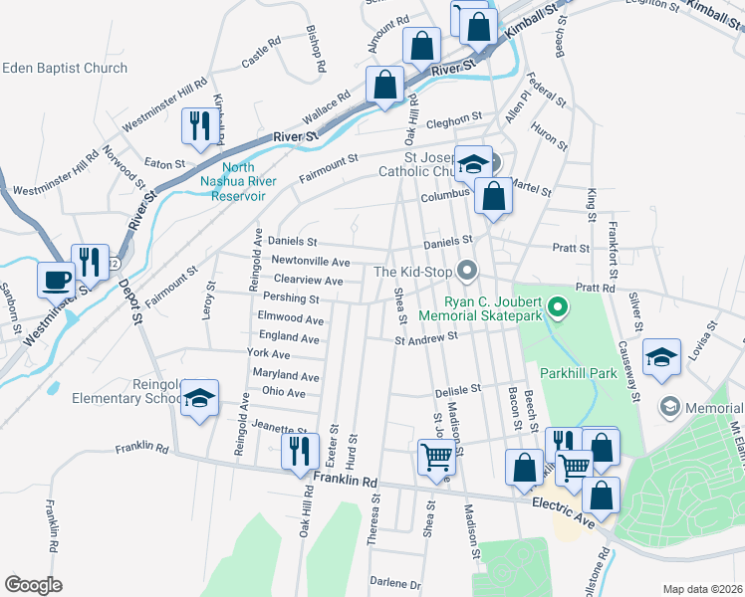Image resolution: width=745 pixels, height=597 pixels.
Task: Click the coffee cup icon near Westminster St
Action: click(x=56, y=280)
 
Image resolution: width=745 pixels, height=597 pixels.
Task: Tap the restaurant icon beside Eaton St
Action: click(x=196, y=125)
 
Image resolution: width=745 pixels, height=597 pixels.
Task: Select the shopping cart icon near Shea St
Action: click(x=436, y=457)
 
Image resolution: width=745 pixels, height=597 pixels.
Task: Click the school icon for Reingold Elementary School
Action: click(x=200, y=400)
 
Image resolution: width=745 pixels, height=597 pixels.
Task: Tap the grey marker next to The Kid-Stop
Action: click(x=466, y=271)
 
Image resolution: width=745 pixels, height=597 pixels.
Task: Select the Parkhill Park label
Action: click(x=573, y=374)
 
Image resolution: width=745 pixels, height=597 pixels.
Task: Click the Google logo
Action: click(x=33, y=585)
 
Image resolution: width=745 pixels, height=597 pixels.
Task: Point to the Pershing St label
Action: click(x=291, y=298)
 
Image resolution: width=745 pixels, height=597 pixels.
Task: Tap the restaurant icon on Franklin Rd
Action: click(x=300, y=450)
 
